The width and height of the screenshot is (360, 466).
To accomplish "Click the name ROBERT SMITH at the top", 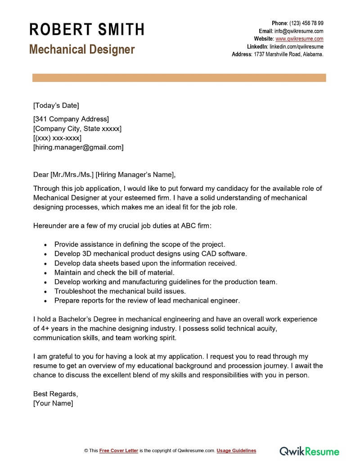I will (86, 30).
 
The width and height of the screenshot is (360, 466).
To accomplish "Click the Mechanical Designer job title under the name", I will (82, 50).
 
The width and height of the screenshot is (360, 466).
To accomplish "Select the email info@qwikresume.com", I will (299, 31).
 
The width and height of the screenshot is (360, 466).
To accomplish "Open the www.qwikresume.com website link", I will (299, 39).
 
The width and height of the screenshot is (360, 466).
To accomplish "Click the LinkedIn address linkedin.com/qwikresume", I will (296, 46).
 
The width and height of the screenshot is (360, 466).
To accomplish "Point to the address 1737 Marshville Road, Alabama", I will (288, 54).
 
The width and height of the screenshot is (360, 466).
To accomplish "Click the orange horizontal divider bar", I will (179, 78).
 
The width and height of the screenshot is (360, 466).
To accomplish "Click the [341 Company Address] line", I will (71, 119).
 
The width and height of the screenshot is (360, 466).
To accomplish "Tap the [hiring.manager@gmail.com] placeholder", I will (78, 147).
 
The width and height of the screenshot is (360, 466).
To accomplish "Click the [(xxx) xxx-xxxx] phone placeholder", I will (57, 138).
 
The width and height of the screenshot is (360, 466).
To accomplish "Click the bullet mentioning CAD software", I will (150, 254).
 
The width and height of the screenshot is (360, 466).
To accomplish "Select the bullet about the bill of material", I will (114, 272).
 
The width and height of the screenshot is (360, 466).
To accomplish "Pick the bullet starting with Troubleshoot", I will (120, 291).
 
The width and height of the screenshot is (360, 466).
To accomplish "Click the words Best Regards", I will (55, 394).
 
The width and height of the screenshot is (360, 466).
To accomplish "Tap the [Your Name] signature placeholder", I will (53, 403).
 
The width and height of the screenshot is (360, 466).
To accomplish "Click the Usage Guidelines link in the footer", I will (236, 451).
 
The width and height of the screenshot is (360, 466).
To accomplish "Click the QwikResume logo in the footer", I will (310, 451).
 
